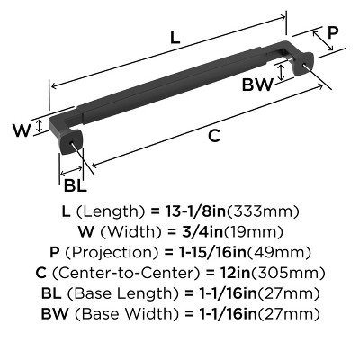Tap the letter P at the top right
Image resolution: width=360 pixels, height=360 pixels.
tap(332, 32)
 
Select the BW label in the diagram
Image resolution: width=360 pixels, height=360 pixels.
tap(257, 85)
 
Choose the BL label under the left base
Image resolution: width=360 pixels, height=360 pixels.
tap(76, 186)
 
